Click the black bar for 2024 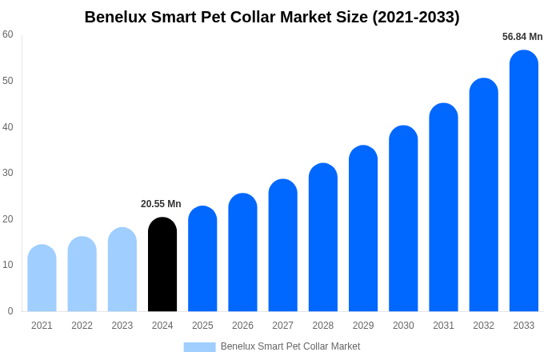pos(162,265)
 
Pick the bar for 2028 pos(323,238)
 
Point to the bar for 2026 pos(242,253)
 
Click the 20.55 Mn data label pos(161,204)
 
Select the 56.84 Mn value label pos(522,37)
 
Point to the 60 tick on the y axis pos(8,34)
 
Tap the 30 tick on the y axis pos(8,173)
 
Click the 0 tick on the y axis pos(10,311)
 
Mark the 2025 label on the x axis pos(202,326)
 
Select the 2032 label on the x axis pos(483,326)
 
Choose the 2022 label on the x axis pos(82,326)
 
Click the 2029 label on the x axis pos(363,326)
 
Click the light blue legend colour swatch pos(199,347)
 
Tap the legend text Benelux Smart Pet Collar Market pos(290,346)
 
